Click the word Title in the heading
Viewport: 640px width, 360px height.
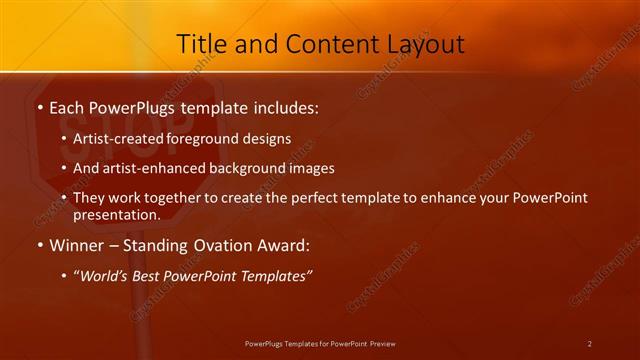201,44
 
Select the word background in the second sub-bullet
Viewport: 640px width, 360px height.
254,168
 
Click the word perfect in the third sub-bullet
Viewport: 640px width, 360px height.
340,198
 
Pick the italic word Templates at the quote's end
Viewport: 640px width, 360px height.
277,275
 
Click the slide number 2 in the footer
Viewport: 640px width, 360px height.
589,344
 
